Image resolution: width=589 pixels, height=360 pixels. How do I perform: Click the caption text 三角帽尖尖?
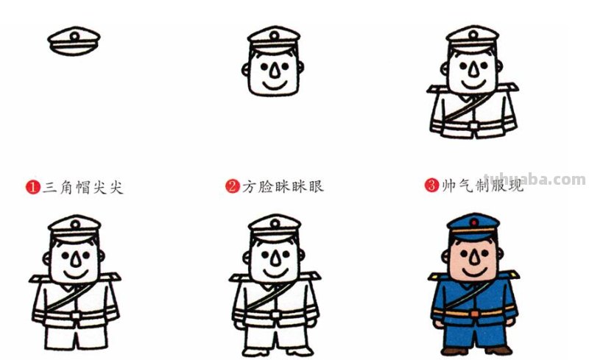click(82, 187)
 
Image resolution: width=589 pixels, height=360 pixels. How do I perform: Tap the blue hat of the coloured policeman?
click(473, 224)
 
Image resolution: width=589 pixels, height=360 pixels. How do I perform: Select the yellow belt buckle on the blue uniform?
click(473, 313)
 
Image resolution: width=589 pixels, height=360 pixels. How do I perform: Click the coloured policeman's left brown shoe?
click(451, 349)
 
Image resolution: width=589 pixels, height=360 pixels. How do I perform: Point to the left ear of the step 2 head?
click(245, 71)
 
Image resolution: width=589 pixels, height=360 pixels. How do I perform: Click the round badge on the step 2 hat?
click(274, 35)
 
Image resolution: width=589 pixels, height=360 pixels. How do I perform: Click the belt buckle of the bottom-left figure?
click(74, 315)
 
